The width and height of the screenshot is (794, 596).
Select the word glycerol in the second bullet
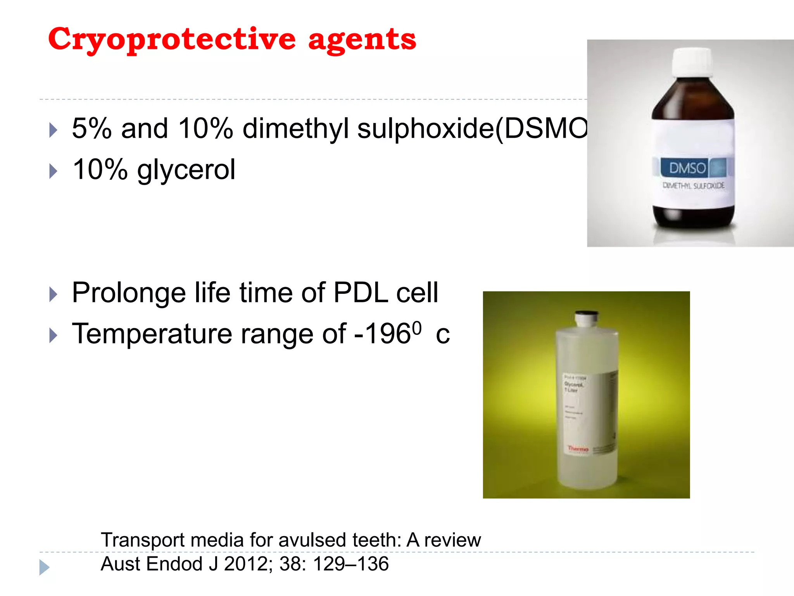186,170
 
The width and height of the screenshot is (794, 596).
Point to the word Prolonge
129,293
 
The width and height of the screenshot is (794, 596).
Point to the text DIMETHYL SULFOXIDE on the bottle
693,185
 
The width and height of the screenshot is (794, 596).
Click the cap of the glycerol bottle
586,318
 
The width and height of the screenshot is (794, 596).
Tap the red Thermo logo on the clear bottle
578,449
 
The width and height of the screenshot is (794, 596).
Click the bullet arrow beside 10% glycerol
54,171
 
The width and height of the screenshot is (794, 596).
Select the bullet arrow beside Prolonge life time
54,295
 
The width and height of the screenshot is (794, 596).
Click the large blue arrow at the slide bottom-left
44,567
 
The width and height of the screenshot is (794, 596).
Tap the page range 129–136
350,564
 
